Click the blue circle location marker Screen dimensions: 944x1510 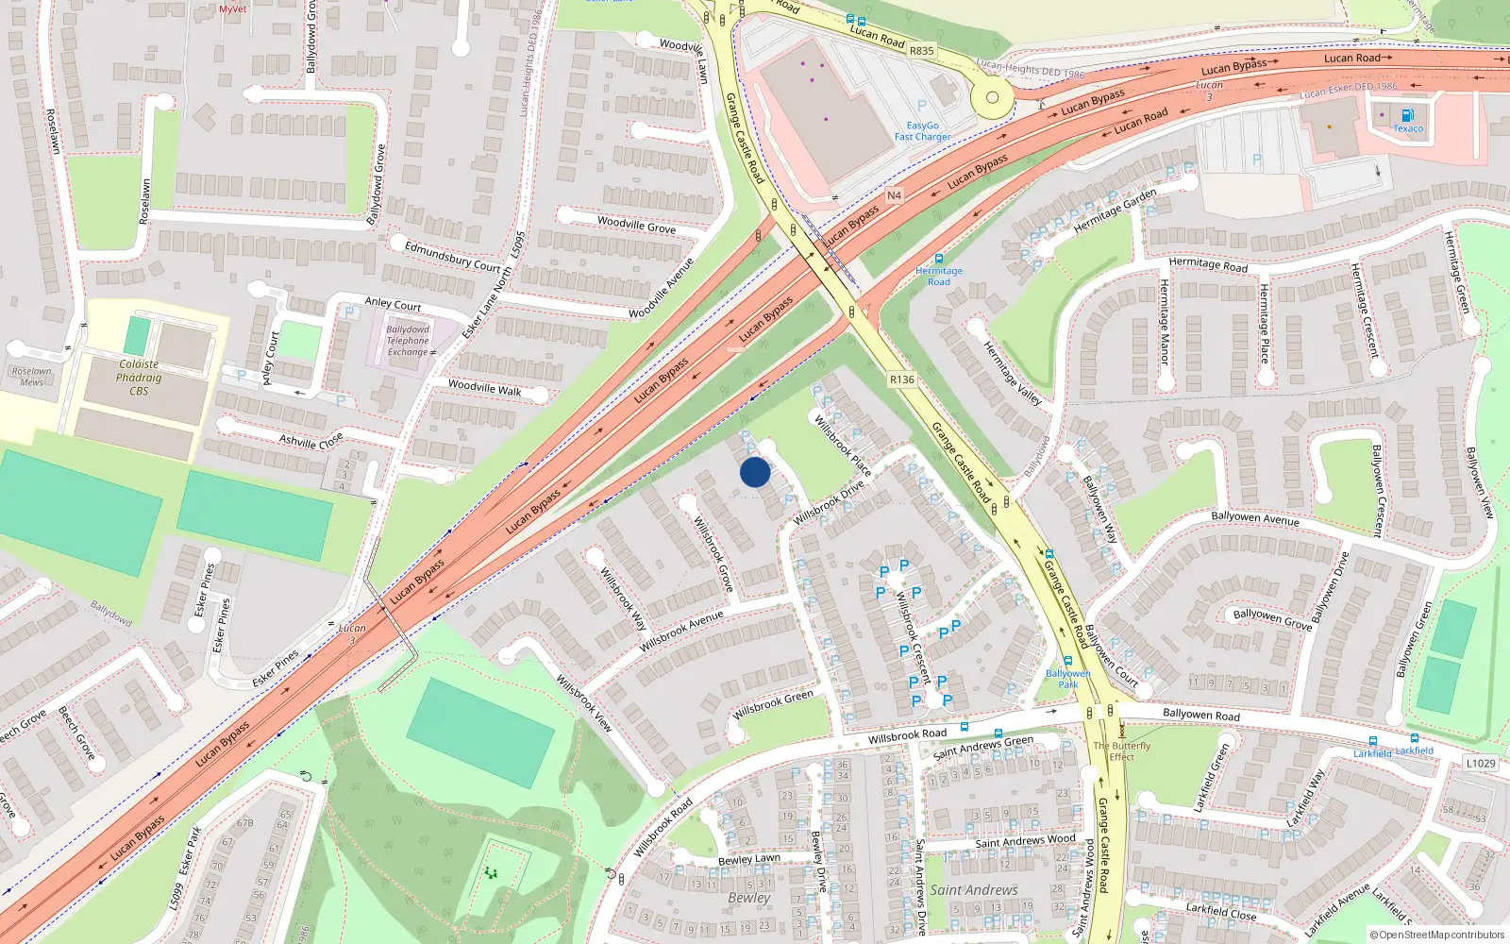(755, 472)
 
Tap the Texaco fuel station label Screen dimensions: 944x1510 (1408, 128)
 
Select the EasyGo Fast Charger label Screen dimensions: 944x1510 (922, 131)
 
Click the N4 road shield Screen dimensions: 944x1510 (894, 195)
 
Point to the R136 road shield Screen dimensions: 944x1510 (901, 379)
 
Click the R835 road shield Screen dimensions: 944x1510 (922, 51)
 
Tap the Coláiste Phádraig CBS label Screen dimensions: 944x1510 (139, 378)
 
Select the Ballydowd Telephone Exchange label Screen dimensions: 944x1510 (408, 341)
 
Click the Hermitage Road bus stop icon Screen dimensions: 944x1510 (939, 259)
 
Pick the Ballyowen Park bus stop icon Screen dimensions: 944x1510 (1067, 662)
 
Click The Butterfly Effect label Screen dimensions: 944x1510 (1122, 750)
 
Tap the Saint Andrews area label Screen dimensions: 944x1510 (974, 889)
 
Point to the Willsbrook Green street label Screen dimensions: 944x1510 (773, 703)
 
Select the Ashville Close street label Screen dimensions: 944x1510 (311, 441)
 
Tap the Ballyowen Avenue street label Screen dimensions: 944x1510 (1254, 517)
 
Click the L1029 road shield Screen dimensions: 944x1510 (1481, 763)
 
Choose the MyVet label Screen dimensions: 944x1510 (232, 8)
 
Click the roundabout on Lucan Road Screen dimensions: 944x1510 (992, 97)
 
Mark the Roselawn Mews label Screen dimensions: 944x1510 (32, 376)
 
